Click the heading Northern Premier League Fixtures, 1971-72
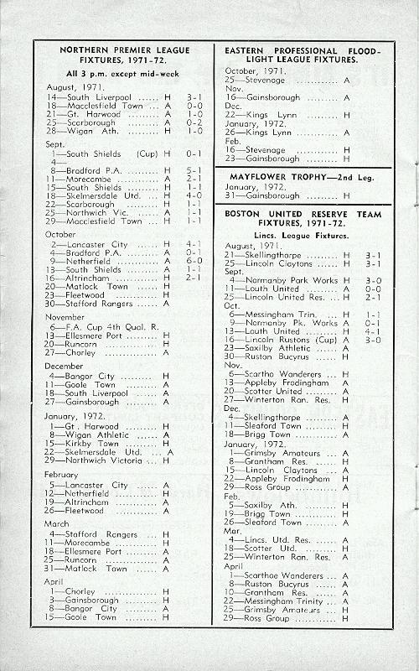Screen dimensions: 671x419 tap(123, 55)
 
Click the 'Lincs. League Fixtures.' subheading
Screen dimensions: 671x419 tap(302, 236)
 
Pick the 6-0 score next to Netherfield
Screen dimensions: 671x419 tap(193, 261)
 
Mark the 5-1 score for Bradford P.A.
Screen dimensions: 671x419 tap(193, 170)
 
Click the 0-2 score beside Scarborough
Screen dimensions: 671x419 tap(193, 122)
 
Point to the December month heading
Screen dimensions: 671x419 tap(64, 366)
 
